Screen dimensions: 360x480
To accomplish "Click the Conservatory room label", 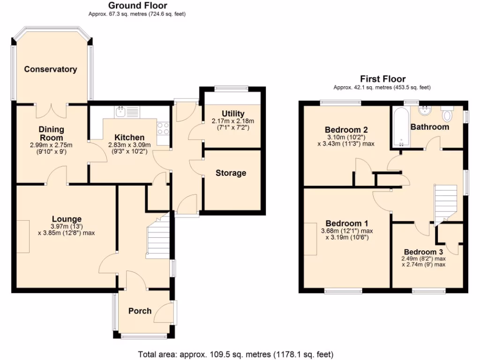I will coord(51,69).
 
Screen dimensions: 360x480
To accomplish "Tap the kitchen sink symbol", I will coord(120,111).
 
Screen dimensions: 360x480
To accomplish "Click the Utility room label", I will coord(233,114).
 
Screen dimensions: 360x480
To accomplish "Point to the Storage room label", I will coord(231,173).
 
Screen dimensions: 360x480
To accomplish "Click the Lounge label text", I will coord(67,219).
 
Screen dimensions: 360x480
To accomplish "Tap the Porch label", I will coord(140,311).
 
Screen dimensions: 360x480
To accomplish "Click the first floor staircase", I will coord(446,202).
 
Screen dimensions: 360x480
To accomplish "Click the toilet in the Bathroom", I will coord(447,114).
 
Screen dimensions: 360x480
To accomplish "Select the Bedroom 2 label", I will coord(346,130).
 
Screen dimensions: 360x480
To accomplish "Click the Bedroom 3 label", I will coord(423,251).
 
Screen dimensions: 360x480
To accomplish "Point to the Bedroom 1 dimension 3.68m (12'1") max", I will coord(346,231).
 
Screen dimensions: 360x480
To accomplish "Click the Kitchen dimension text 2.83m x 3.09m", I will coord(126,145).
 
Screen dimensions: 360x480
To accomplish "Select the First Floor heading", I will coord(382,79).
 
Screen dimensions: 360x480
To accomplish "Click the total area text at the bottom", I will coord(236,354).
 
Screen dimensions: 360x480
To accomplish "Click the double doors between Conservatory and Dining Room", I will coord(52,110).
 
